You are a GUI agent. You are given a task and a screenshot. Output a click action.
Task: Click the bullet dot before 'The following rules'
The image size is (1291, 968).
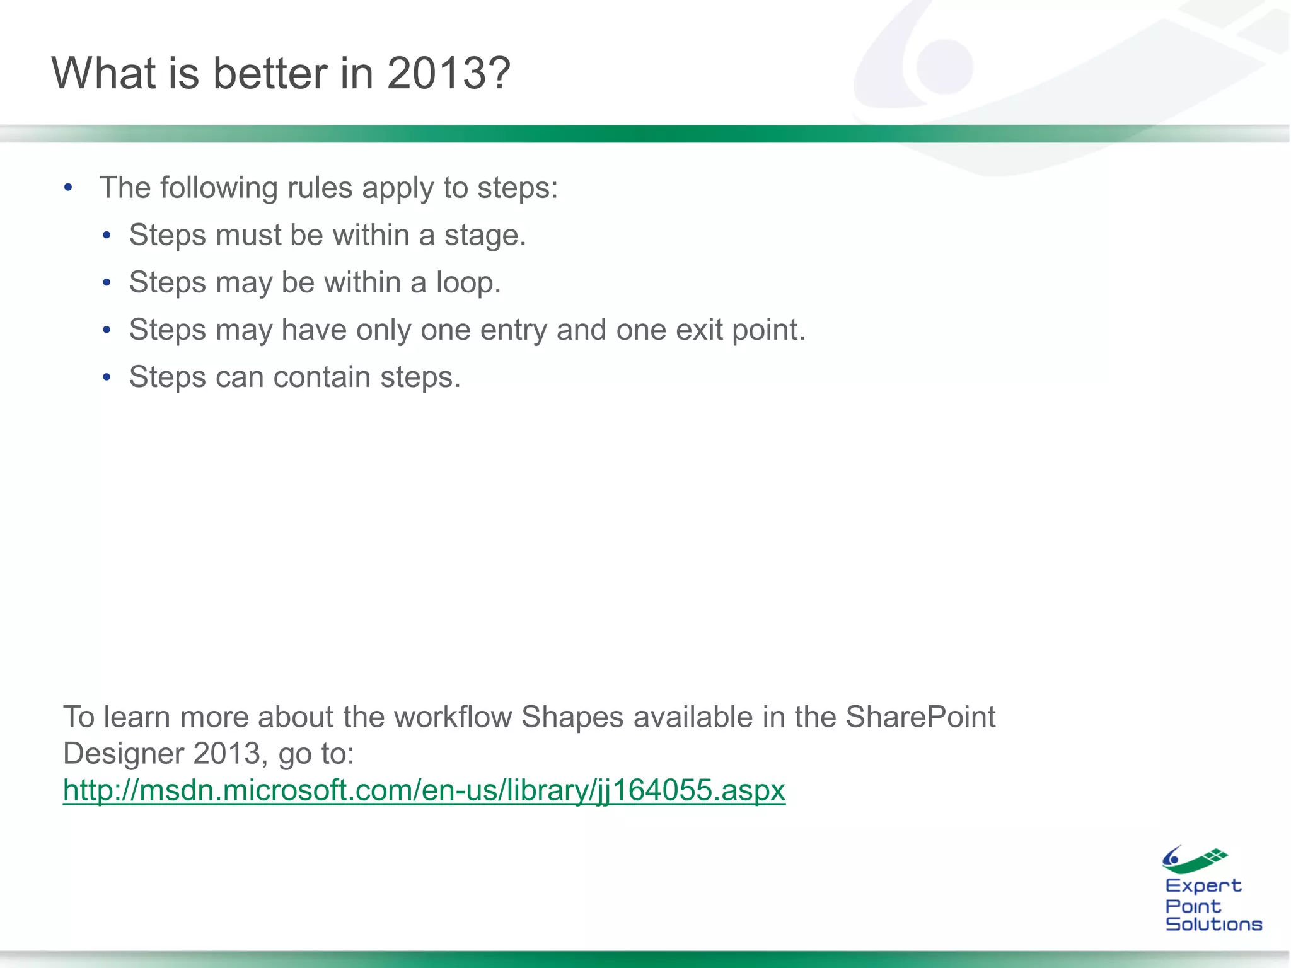(68, 188)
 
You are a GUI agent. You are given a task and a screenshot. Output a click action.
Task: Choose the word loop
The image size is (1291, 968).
(468, 282)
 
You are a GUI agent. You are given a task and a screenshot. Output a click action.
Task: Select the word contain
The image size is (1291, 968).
(321, 377)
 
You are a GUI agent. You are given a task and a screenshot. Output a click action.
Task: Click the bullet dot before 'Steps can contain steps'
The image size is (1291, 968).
(107, 377)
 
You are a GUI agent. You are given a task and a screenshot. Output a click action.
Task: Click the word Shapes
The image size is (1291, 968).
(572, 717)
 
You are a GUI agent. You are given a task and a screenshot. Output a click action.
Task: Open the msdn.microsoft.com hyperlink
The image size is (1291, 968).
(424, 790)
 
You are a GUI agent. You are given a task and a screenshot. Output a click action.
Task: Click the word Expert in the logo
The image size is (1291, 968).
(1203, 886)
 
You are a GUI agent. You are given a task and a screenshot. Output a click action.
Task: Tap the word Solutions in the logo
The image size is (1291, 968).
(1213, 925)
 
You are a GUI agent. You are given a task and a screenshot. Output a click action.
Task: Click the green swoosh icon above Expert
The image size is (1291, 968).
(1195, 860)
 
